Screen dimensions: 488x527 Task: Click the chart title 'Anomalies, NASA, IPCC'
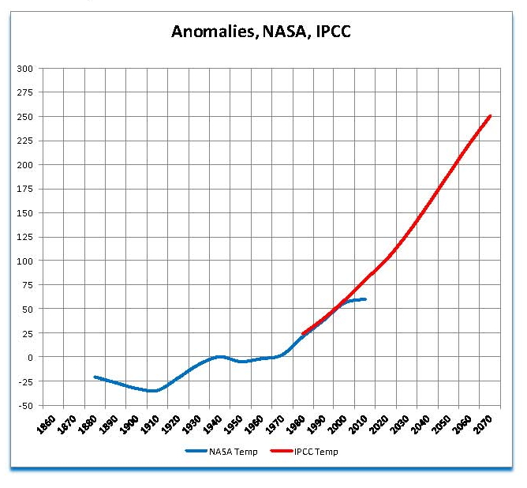pyautogui.click(x=261, y=32)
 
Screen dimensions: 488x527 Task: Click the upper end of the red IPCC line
pyautogui.click(x=490, y=116)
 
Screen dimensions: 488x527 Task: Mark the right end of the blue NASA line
pyautogui.click(x=364, y=299)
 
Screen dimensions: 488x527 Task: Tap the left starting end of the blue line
pyautogui.click(x=95, y=377)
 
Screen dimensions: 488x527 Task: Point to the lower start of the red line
pyautogui.click(x=304, y=333)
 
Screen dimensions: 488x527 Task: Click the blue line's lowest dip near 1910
pyautogui.click(x=152, y=391)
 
